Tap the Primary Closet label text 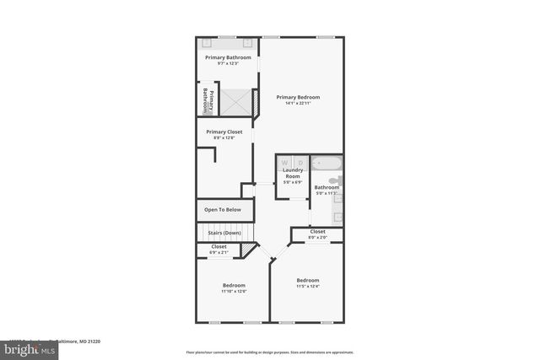click(224, 132)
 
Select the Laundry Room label click(292, 173)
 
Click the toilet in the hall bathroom click(335, 180)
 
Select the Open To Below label click(223, 209)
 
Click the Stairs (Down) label click(224, 232)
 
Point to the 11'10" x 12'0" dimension click(234, 292)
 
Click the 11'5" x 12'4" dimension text click(307, 287)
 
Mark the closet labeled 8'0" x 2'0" click(317, 234)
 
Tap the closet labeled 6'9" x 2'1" click(219, 249)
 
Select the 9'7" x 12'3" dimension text click(228, 63)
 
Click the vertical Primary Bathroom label click(208, 100)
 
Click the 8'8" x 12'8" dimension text click(224, 139)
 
